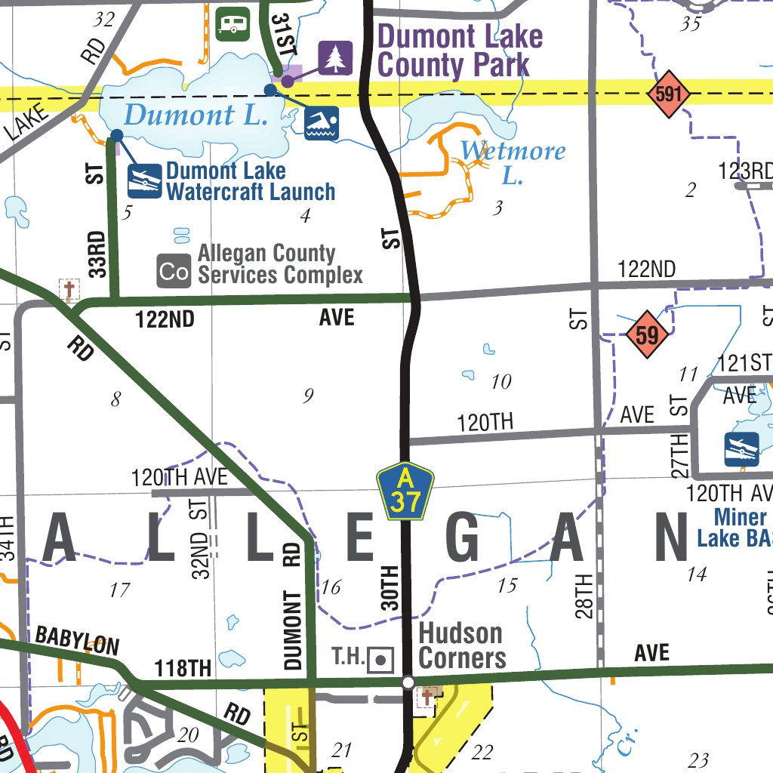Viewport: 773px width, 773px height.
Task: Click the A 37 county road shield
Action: click(405, 492)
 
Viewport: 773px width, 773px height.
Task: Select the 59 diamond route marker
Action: click(647, 334)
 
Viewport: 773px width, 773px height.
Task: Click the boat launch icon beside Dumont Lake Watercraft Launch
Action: click(144, 181)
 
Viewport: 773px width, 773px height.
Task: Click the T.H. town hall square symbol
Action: click(380, 660)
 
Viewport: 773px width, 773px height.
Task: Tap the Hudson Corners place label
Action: click(461, 645)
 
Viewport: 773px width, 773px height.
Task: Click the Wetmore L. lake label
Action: click(513, 162)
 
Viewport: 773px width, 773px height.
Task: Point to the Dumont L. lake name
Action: click(196, 115)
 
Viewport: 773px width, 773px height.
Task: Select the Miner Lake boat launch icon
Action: click(741, 449)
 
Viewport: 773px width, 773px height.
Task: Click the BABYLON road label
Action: click(77, 640)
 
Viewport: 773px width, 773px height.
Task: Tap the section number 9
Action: click(307, 396)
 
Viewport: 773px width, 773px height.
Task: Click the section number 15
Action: click(507, 585)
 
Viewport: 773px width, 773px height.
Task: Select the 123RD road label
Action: click(745, 171)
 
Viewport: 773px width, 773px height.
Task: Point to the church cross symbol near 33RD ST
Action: click(69, 289)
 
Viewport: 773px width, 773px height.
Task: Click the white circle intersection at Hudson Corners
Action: click(408, 682)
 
